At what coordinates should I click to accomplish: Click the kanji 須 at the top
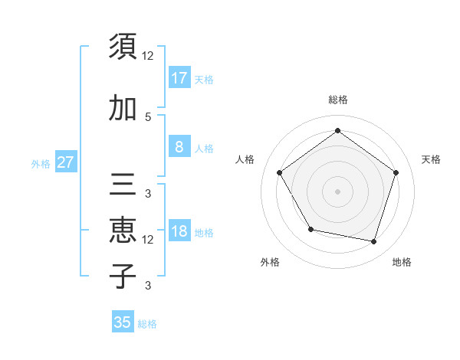123,47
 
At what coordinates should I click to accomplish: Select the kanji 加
123,108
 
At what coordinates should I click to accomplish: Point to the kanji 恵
123,231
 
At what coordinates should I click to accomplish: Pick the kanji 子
123,276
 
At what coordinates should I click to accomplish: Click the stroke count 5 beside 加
148,116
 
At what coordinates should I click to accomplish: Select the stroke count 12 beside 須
148,56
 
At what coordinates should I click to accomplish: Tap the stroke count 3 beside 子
148,286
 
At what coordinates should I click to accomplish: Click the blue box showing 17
179,77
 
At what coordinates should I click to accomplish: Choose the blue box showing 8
179,147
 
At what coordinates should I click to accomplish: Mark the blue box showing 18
179,231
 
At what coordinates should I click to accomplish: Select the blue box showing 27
65,162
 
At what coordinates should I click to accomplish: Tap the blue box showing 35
123,322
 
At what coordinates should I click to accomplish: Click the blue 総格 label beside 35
147,324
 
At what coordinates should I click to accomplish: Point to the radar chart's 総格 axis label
338,100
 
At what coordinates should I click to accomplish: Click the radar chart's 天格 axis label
431,159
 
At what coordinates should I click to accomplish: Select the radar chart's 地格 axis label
402,262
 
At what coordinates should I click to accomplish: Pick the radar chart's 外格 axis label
270,262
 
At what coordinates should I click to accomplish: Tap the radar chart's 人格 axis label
245,159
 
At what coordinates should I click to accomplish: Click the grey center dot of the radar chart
337,191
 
